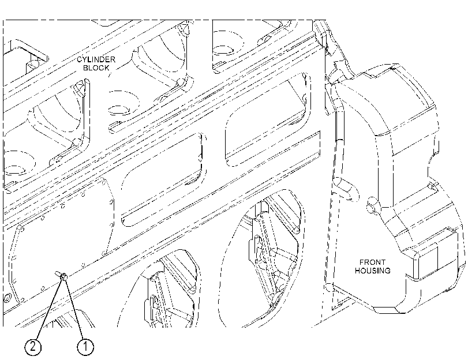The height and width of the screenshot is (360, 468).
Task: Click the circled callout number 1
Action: coord(85,347)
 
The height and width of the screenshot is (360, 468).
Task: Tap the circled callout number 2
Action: coord(33,347)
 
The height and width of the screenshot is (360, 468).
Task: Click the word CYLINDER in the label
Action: coord(96,59)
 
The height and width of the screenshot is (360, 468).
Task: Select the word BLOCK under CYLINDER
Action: coord(96,68)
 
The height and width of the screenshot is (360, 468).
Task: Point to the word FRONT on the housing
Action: coord(372,262)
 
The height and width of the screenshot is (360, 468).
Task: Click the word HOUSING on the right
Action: coord(372,271)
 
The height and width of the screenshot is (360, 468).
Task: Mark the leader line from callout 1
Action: coord(74,309)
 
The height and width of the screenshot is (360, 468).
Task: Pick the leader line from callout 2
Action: coord(49,309)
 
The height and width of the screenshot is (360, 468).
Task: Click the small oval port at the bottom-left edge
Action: coord(6,298)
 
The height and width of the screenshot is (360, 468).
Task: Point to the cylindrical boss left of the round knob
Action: coord(346,189)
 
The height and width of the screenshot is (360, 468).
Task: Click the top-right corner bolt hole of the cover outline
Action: coord(111,202)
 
